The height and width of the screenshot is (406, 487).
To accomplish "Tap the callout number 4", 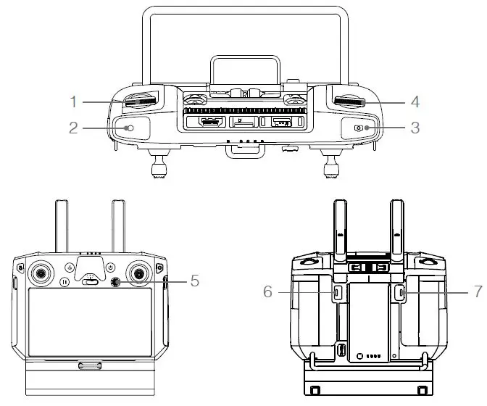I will click(x=414, y=101).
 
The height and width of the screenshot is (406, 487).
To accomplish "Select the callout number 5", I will click(x=194, y=279).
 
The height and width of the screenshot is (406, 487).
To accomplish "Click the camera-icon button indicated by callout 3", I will click(x=360, y=128).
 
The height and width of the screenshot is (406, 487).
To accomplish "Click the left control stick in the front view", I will click(x=41, y=272).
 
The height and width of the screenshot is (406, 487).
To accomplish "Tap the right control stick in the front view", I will click(x=137, y=272).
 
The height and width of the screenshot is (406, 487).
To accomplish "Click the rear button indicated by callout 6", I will click(x=338, y=292).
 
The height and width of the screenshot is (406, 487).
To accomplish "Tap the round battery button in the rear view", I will click(x=360, y=357).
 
